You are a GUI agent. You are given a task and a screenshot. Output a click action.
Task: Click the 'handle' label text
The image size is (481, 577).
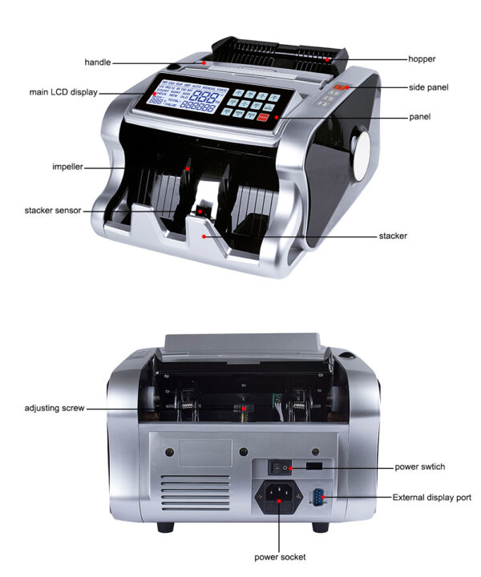98,62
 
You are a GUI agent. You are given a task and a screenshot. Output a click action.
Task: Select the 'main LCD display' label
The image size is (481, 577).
63,92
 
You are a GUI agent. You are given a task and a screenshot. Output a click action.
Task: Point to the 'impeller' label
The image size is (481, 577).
67,167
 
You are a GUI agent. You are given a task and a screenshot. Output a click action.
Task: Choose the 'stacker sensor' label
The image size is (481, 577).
53,210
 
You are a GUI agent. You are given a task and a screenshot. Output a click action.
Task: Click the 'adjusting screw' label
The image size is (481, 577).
54,409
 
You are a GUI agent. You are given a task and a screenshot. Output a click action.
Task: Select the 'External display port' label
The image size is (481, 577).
431,498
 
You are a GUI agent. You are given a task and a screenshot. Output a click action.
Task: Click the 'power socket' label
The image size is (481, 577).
280,556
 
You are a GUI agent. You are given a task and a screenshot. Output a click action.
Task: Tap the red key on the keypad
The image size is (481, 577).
261,117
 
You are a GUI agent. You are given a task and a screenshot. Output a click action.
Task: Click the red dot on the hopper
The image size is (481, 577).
327,59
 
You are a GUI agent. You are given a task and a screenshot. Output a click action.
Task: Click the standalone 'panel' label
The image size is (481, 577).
419,117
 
